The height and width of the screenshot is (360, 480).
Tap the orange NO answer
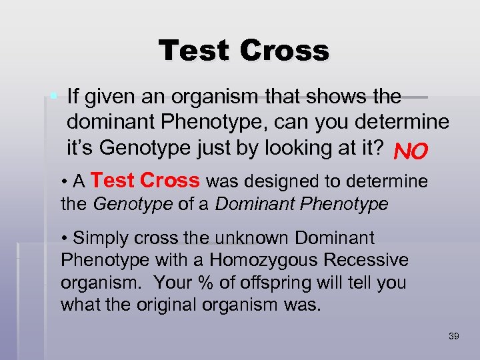tap(410, 153)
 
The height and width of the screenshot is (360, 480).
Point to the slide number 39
tap(453, 336)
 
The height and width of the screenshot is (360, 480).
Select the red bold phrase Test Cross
tap(145, 181)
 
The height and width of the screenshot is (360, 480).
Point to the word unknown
tap(258, 238)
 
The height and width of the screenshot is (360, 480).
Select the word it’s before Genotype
tap(80, 148)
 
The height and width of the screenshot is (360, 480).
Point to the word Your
tap(173, 283)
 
